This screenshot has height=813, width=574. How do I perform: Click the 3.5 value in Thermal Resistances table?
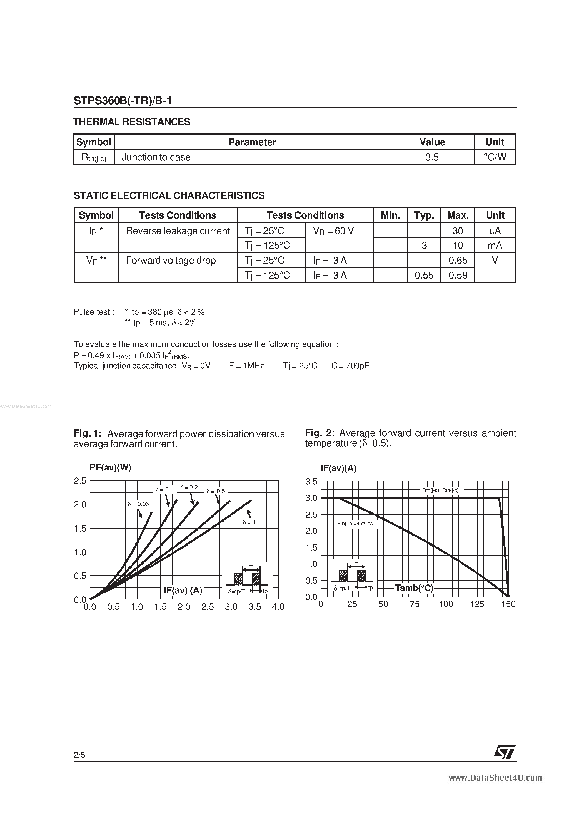(432, 157)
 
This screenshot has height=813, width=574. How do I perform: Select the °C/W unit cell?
(495, 157)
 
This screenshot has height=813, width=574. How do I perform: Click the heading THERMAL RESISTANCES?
(131, 122)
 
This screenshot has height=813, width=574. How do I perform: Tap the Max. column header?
(458, 215)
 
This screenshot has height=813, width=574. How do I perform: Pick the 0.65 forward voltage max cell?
(458, 261)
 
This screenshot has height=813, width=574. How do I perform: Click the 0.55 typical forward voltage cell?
(424, 276)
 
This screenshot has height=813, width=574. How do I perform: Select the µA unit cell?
(495, 231)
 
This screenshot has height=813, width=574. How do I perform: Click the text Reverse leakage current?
(178, 231)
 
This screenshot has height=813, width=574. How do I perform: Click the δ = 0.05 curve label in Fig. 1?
(138, 504)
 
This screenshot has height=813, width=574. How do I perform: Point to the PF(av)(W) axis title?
(110, 467)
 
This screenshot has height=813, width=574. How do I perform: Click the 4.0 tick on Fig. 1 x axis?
(278, 607)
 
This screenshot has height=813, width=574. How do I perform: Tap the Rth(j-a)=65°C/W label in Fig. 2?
(355, 523)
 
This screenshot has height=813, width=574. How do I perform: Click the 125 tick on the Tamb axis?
(477, 604)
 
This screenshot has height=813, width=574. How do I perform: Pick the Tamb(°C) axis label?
(414, 588)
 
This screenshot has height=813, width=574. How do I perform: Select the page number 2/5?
(79, 755)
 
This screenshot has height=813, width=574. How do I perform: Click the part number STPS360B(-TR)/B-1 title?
(123, 101)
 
